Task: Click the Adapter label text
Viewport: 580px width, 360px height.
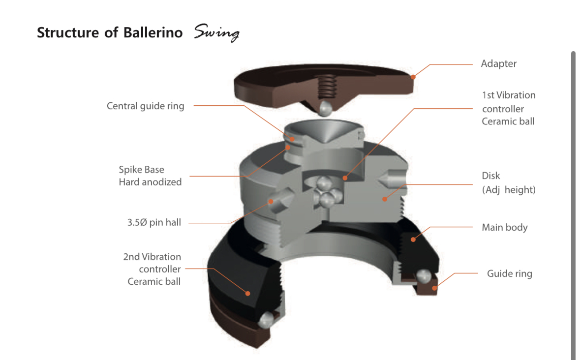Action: tap(498, 63)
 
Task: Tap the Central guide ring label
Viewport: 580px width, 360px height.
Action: tap(145, 106)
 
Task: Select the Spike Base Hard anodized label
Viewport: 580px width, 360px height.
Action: tap(150, 176)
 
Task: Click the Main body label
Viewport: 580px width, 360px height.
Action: tap(504, 227)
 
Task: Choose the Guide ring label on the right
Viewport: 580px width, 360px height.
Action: tap(509, 273)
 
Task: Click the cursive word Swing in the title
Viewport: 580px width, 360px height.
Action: tap(216, 33)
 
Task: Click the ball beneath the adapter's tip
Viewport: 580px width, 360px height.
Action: tap(324, 108)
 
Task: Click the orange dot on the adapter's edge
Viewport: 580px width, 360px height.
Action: tap(413, 77)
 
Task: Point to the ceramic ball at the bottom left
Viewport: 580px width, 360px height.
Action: tap(267, 320)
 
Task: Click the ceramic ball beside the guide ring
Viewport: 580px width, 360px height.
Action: tap(422, 277)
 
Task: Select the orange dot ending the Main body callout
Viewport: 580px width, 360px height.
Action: tap(413, 240)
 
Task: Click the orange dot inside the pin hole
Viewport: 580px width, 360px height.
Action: tap(271, 201)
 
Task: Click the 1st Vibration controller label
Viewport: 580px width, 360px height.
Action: tap(508, 108)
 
